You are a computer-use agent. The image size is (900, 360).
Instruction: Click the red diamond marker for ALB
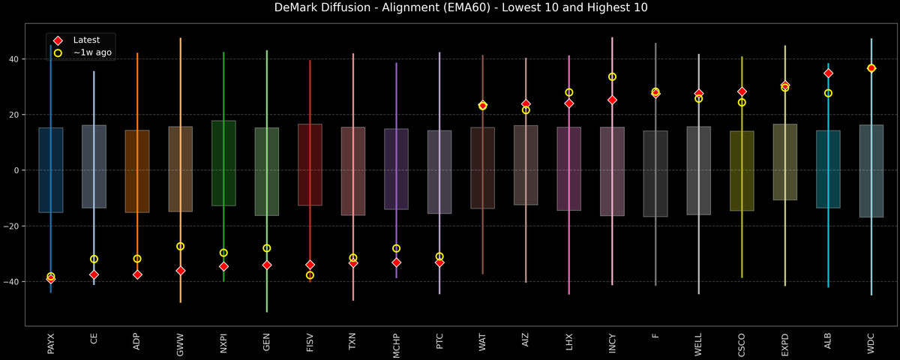(x=828, y=73)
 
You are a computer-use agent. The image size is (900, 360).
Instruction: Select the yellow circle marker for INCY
(x=612, y=76)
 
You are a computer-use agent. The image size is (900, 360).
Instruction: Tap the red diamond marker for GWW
(x=180, y=270)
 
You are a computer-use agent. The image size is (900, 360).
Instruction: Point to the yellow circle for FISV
(x=310, y=275)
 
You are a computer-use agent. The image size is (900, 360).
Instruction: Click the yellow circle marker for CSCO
(x=742, y=102)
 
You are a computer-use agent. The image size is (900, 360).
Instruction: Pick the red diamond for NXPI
(x=223, y=266)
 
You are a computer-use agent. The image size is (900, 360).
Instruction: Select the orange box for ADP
(x=137, y=171)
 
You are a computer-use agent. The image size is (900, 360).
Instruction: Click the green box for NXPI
(x=223, y=163)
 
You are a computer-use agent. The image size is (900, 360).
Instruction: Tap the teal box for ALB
(x=828, y=169)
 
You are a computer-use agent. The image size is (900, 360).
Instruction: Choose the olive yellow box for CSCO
(x=742, y=171)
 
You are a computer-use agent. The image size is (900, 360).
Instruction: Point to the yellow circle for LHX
(x=568, y=92)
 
